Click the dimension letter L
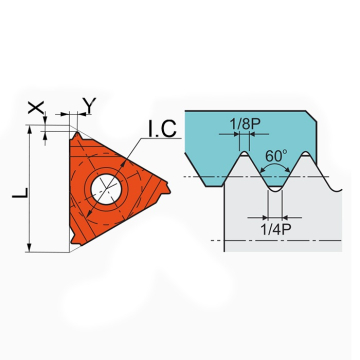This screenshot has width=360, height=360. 20,193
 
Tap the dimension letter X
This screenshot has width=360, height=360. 36,107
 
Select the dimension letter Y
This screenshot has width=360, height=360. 89,105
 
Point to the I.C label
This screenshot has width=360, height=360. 162,129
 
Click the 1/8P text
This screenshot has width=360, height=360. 245,124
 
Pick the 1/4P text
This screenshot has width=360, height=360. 276,230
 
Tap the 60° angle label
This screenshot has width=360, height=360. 276,156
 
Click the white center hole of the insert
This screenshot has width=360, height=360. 106,189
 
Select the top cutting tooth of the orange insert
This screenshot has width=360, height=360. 78,135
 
